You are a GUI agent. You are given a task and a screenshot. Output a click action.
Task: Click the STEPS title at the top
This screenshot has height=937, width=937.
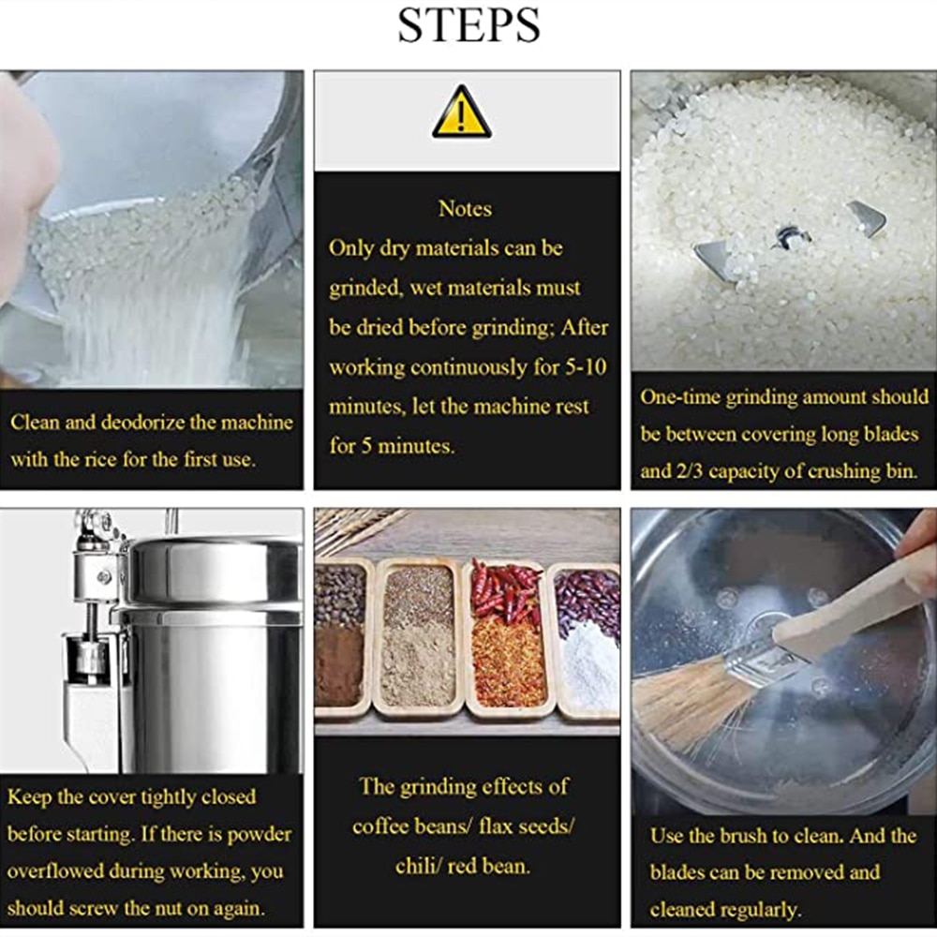coord(468,25)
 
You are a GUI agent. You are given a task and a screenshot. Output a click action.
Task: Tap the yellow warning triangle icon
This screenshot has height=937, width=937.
coord(462,112)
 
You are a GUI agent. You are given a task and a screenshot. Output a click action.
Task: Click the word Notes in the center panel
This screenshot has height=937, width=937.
coord(465,208)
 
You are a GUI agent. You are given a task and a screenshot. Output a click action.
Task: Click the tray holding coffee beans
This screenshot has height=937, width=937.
coord(339,637)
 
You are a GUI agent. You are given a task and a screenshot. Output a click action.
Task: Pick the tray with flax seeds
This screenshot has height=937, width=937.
coord(418,637)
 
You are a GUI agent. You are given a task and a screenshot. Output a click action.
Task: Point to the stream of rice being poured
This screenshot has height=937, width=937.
coord(141,300)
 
